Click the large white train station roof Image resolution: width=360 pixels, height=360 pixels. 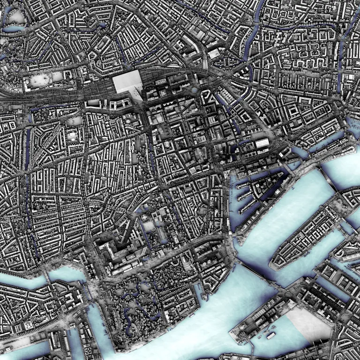(127, 82)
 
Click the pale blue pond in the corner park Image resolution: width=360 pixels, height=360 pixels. (14, 28)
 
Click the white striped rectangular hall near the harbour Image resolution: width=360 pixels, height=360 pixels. (262, 143)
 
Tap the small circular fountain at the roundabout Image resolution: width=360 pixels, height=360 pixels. (194, 90)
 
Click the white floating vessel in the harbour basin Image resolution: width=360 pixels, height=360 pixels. (271, 336)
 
